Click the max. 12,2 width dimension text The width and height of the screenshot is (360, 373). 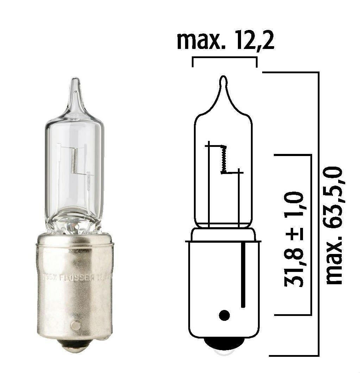(x=225, y=41)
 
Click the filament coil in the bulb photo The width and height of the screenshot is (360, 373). (x=73, y=160)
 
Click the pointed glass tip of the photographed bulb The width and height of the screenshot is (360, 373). (x=75, y=85)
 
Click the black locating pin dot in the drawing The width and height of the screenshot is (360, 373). (x=224, y=315)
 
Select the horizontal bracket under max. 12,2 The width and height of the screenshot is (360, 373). (x=225, y=58)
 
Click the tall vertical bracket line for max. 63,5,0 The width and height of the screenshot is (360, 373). (x=318, y=211)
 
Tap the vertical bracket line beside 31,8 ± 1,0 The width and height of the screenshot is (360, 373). (x=311, y=234)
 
